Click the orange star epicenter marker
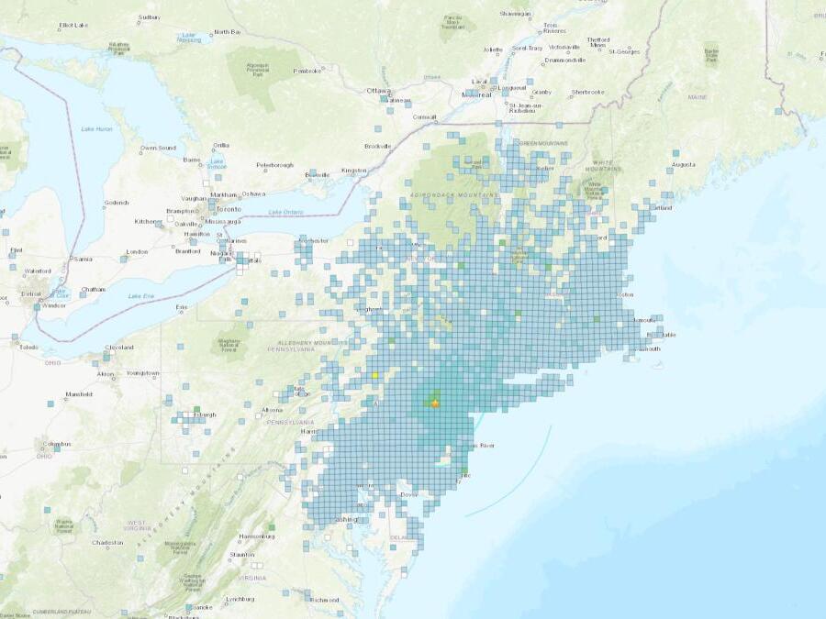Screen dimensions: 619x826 click(x=435, y=403)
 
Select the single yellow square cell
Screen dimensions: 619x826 click(x=375, y=374)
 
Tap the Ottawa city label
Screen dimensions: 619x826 click(x=378, y=91)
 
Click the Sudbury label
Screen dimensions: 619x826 click(x=148, y=17)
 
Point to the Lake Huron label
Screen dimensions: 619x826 click(x=96, y=128)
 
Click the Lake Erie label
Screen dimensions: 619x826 click(x=141, y=296)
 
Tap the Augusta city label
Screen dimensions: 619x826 click(x=684, y=165)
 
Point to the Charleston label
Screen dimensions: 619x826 click(x=107, y=542)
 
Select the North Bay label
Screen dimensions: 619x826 click(x=227, y=32)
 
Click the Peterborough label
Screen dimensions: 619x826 click(x=274, y=165)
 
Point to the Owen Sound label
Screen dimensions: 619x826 click(x=158, y=148)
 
